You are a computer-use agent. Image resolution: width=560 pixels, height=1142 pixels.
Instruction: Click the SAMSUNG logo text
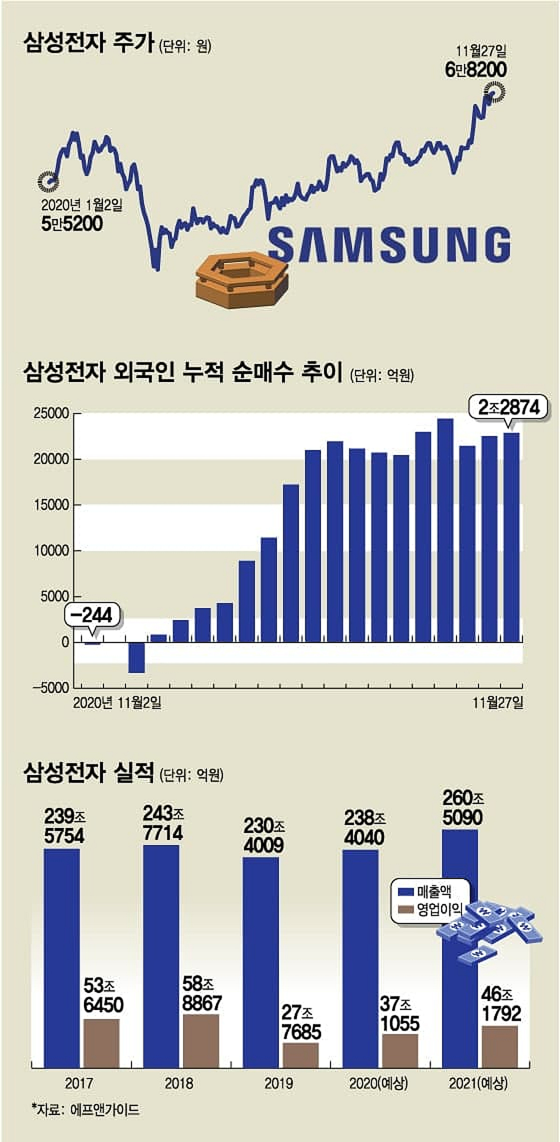pos(389,244)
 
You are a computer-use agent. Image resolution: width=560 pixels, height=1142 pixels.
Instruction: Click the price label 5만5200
pos(72,224)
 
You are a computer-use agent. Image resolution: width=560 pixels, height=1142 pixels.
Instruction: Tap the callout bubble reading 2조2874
pos(509,407)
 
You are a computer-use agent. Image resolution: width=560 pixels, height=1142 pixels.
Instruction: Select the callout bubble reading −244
pos(92,615)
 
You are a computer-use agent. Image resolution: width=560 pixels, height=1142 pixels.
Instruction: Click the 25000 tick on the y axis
pos(51,414)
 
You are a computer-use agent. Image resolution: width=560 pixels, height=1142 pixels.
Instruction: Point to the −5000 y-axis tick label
pos(51,688)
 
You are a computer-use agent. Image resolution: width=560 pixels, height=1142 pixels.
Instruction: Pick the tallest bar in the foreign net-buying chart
pos(445,530)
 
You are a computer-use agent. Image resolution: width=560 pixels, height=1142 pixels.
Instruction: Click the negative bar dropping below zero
pos(136,657)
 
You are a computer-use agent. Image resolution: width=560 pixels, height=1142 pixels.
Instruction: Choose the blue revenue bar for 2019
pos(261,962)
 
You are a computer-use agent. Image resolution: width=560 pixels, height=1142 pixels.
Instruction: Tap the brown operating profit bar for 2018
pos(201,1040)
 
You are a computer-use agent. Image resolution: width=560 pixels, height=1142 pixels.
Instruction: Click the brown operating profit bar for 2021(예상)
pos(500,1046)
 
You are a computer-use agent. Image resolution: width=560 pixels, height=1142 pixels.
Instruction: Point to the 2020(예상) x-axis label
pos(378,1083)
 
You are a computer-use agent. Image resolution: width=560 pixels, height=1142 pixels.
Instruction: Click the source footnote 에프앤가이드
pos(105,1109)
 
